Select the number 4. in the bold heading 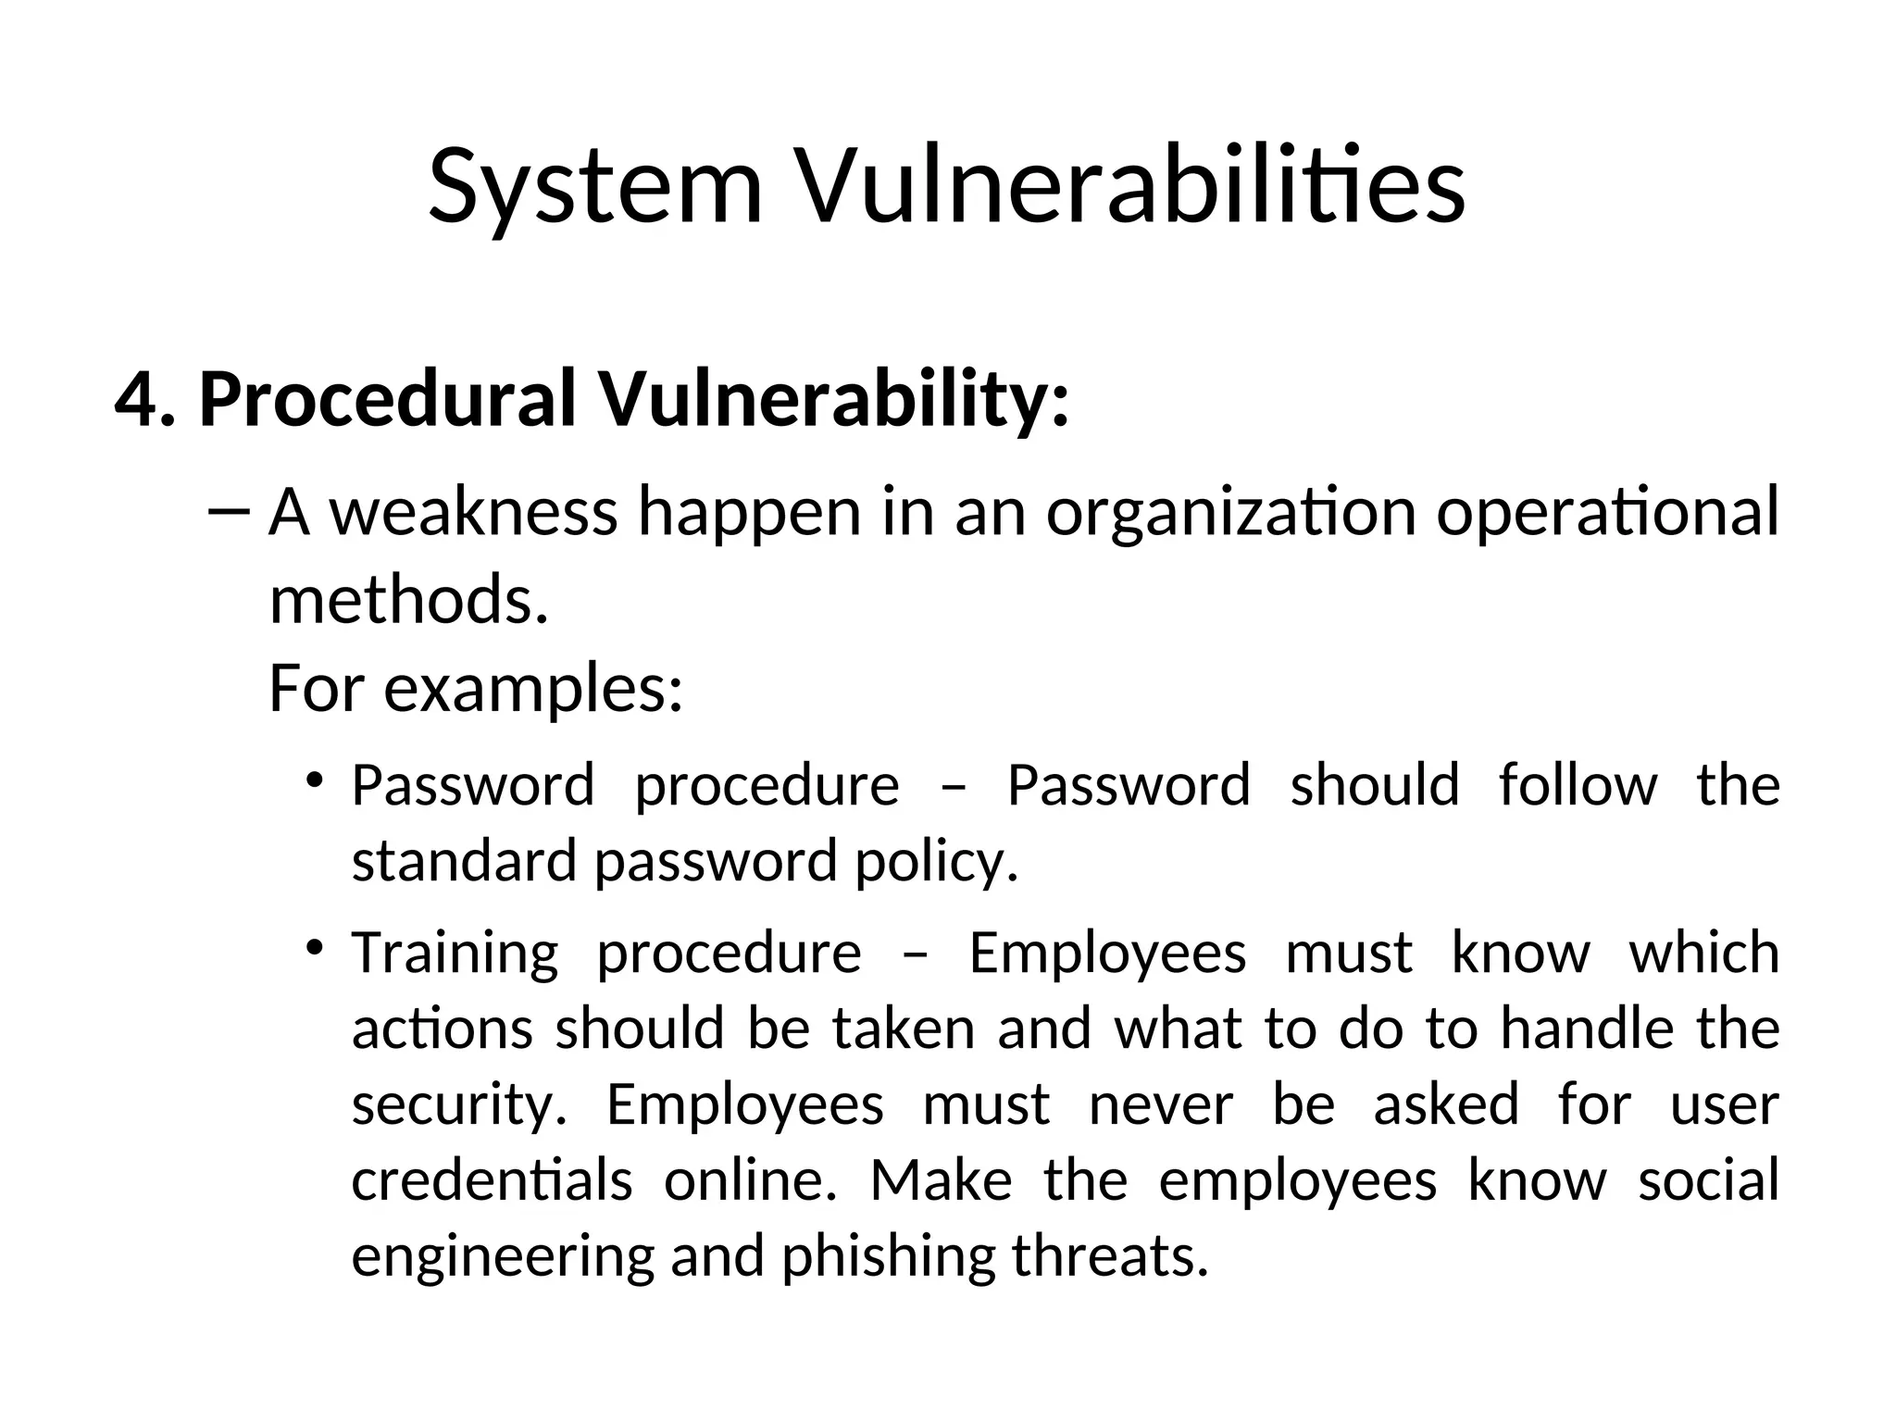[144, 398]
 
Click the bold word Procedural [388, 398]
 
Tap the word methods [408, 600]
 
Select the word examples [532, 689]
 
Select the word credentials [492, 1181]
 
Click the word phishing [887, 1257]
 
